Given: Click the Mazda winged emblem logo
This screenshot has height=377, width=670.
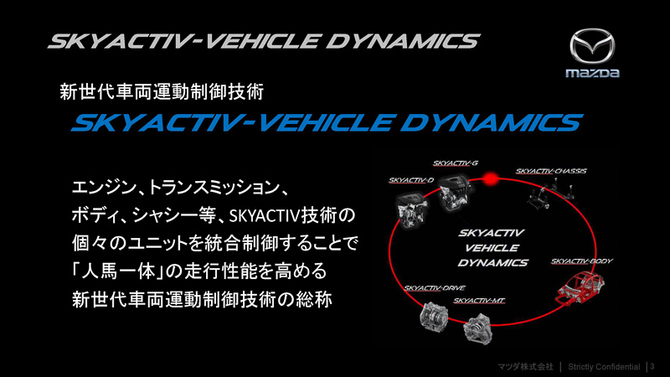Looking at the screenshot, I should tap(592, 47).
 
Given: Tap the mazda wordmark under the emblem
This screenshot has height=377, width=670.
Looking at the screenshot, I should tap(592, 74).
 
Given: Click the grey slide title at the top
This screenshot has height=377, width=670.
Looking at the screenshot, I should tap(265, 41).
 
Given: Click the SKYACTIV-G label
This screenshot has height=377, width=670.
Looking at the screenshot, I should tap(456, 163).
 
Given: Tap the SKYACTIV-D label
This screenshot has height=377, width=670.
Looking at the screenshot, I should tap(411, 180).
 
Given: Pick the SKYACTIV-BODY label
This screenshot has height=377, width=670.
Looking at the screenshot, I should tap(582, 261).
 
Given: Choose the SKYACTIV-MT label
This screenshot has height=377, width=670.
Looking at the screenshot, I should tap(479, 299).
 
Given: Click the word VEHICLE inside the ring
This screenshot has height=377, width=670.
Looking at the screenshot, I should tap(492, 247).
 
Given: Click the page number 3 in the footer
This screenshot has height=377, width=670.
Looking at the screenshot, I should tap(652, 367).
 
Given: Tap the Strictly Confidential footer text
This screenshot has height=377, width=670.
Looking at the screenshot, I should tap(603, 367).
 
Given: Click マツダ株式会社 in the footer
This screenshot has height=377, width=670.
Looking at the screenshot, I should tap(525, 367).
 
